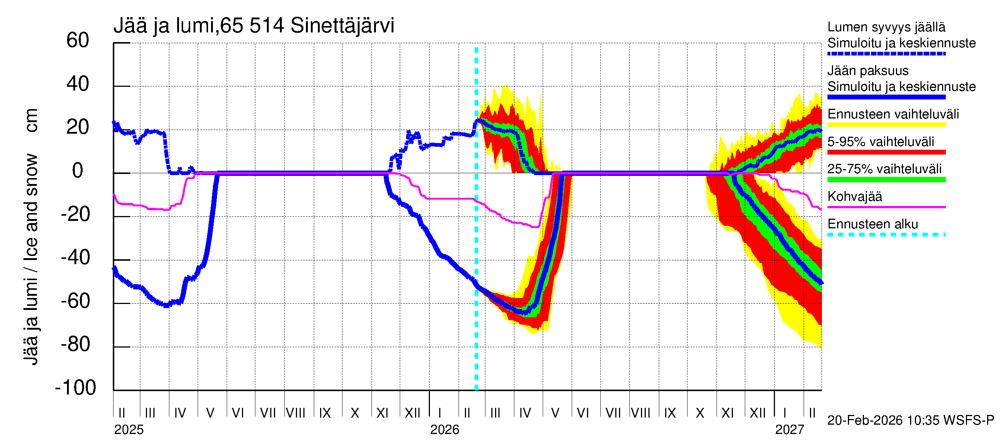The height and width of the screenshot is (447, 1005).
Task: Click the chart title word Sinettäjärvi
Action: coord(342,26)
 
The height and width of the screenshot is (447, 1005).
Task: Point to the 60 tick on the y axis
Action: coord(78,41)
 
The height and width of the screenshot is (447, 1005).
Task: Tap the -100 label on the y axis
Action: coord(76,388)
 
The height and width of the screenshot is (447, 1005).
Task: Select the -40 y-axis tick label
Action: coord(76,258)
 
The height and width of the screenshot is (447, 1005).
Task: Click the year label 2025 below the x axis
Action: coord(129,430)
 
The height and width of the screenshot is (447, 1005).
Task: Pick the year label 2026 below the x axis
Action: coord(444,430)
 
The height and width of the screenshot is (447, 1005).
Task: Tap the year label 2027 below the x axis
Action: coord(789,430)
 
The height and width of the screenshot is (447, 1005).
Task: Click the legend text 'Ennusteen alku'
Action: coord(872,224)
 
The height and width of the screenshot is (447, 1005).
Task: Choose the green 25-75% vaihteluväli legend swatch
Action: coord(886,180)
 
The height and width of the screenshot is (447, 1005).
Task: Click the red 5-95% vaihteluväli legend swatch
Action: coord(886,152)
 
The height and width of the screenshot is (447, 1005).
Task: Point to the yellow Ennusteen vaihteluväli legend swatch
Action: coord(886,125)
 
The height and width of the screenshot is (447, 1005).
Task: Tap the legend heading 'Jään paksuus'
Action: coord(868,71)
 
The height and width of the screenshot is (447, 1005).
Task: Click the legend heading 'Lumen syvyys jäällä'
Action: coord(886,27)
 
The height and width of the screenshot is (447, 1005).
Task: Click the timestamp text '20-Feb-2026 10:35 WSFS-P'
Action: coord(910,421)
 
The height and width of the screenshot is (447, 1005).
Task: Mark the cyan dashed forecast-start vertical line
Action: coord(476,234)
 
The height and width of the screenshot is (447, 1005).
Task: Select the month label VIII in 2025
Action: coord(295,413)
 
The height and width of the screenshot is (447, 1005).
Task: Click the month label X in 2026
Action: coord(700,413)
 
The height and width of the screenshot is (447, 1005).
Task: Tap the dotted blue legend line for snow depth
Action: coord(886,54)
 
